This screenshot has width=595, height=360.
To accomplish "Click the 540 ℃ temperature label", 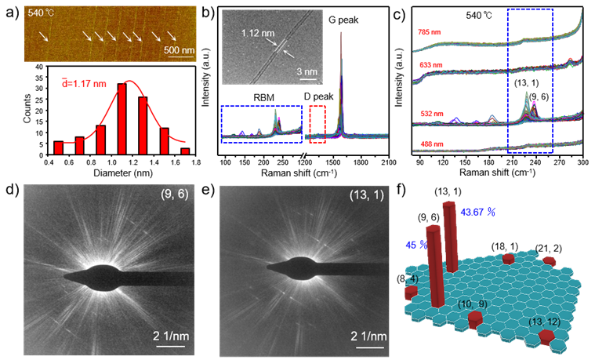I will pyautogui.click(x=41, y=13).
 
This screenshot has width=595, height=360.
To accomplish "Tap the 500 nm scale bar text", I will pyautogui.click(x=179, y=49).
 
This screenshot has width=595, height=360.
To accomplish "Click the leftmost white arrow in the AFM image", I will pyautogui.click(x=45, y=37).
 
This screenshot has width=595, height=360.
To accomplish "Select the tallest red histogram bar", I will pyautogui.click(x=122, y=118).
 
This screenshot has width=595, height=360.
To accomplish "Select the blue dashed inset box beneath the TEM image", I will pyautogui.click(x=261, y=124).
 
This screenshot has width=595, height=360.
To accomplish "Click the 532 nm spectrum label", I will pyautogui.click(x=428, y=115).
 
